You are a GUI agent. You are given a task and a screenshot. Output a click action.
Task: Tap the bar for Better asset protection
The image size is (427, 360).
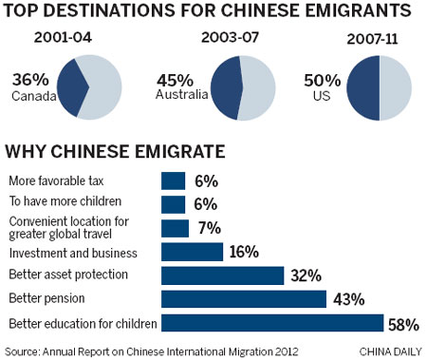pos(223,275)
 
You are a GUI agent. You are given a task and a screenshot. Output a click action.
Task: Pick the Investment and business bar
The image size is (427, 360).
pos(193,252)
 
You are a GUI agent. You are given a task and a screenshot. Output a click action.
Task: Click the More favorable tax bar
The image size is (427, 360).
pos(174,180)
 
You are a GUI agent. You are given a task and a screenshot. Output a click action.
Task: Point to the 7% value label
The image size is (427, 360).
pos(209,228)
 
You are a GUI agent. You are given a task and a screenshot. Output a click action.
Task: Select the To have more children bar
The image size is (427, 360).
pos(174,204)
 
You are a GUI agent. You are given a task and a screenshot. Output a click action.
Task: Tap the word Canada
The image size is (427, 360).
pos(28,95)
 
